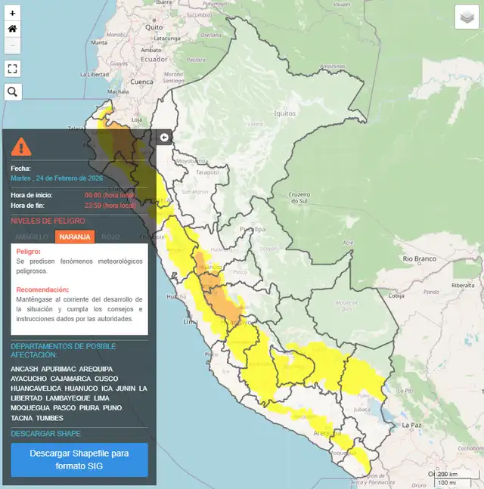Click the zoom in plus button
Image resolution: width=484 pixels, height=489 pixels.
[x=12, y=14]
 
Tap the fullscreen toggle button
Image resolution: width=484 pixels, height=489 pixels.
[x=12, y=68]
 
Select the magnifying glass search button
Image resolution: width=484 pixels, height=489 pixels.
[x=12, y=92]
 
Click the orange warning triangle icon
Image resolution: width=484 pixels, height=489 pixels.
[x=21, y=147]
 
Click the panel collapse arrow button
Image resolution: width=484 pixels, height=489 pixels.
[x=164, y=137]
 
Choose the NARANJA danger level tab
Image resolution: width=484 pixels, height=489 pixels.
[x=75, y=237]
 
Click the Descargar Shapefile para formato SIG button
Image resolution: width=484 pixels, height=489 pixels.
[x=79, y=460]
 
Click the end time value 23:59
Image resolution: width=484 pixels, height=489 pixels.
[x=93, y=205]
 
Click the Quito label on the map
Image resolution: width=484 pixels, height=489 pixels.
[x=154, y=27]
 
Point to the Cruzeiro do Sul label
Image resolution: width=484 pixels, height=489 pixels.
[x=299, y=197]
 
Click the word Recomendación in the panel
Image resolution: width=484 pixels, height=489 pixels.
[x=42, y=289]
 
